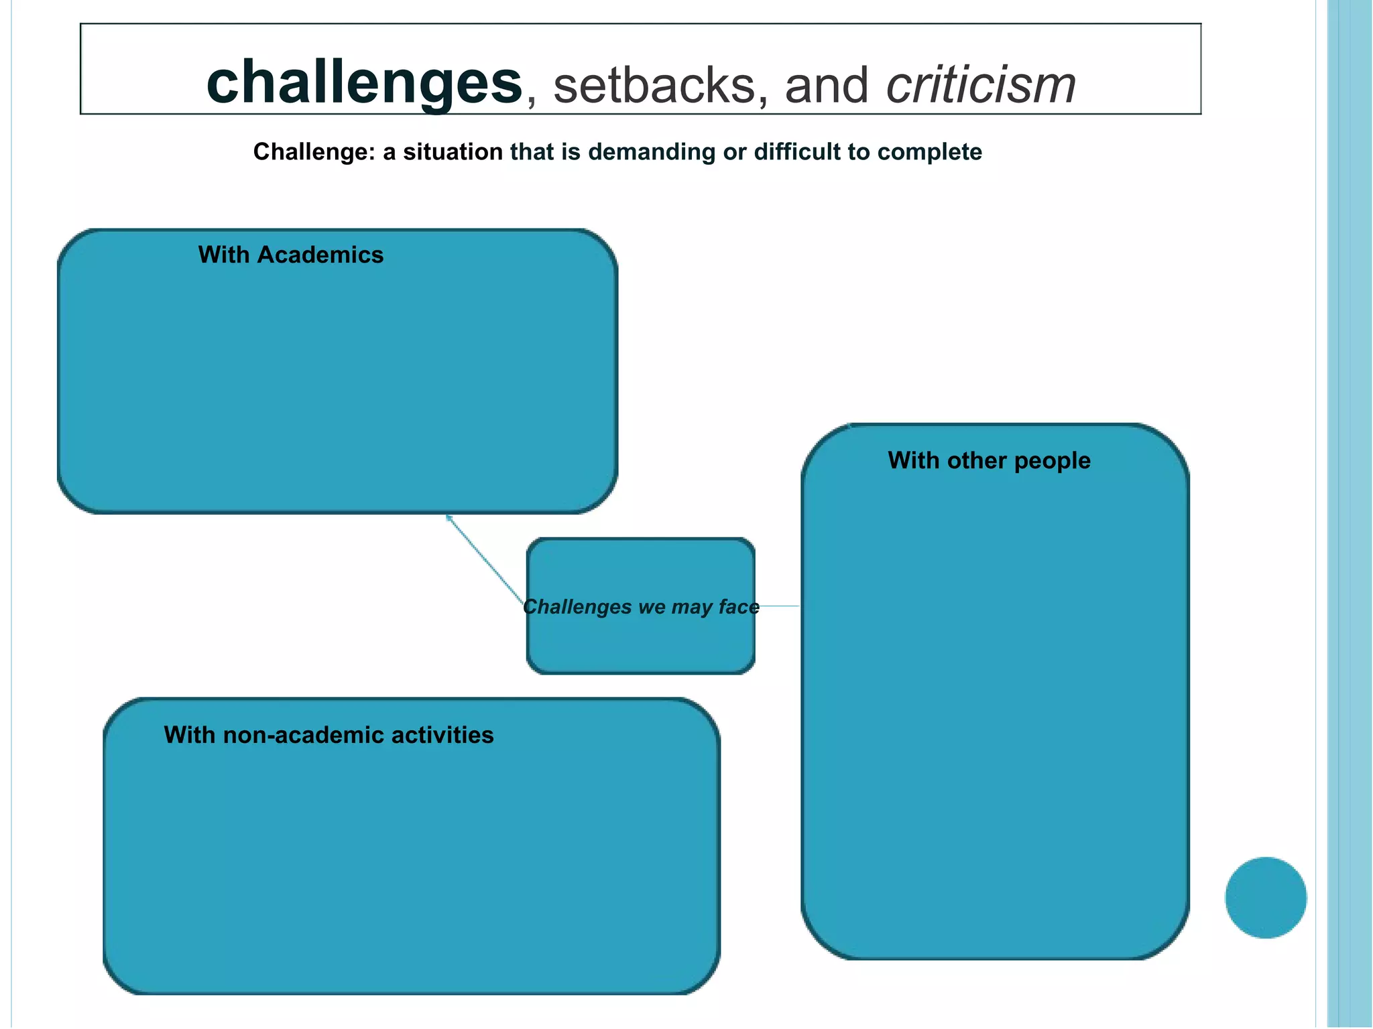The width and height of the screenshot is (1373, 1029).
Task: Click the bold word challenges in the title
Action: [x=364, y=84]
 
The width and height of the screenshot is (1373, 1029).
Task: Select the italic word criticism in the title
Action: [x=981, y=86]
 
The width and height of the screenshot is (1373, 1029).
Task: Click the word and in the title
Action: [x=826, y=86]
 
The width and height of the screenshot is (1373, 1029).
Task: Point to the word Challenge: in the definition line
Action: [x=314, y=152]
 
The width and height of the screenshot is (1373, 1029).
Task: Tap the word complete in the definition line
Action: [x=929, y=152]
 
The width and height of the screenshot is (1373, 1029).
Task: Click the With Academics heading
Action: [x=290, y=255]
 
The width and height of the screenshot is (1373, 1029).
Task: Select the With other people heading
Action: [x=989, y=460]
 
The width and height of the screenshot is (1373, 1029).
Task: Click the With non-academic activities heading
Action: [x=329, y=735]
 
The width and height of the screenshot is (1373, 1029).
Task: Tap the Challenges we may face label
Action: [x=641, y=607]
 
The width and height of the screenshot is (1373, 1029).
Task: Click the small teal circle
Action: [x=1265, y=898]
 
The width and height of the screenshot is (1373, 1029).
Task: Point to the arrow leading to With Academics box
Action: [x=484, y=559]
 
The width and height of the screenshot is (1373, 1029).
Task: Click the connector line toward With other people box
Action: [x=779, y=606]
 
